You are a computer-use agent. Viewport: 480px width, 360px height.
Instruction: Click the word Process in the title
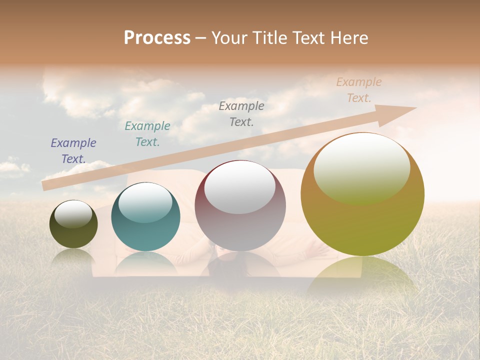point(157,38)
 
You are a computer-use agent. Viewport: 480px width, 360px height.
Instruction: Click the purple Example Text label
point(73,151)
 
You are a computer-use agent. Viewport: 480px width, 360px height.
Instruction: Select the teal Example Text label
point(147,134)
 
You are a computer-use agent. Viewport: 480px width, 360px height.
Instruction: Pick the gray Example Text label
point(241,113)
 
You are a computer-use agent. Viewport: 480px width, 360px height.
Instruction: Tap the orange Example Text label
point(358,90)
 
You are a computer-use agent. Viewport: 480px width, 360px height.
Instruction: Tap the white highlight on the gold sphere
point(362,167)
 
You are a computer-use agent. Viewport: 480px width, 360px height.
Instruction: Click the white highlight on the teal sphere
point(145,202)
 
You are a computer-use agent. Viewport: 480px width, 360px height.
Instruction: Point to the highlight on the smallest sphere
point(73,214)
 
